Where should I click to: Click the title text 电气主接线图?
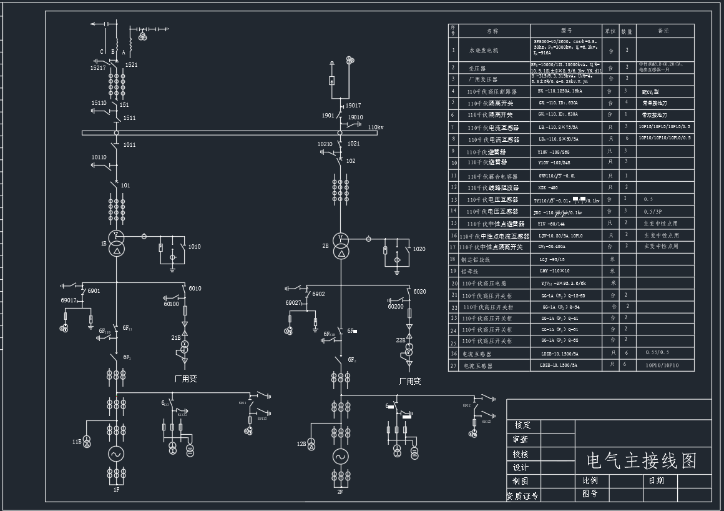[x=642, y=460]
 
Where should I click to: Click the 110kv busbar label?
[x=376, y=127]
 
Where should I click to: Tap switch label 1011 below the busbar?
[x=129, y=145]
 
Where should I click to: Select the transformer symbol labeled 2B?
[x=340, y=245]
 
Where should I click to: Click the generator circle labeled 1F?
[x=115, y=454]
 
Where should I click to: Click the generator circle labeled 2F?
[x=340, y=457]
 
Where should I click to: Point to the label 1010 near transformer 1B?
[x=194, y=247]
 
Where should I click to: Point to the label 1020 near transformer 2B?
[x=419, y=249]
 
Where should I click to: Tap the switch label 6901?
[x=94, y=291]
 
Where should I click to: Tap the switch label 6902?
[x=318, y=294]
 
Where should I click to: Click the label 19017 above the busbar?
[x=353, y=106]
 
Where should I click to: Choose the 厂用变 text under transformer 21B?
[x=185, y=379]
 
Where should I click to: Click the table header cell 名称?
[x=492, y=30]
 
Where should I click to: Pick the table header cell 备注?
[x=663, y=30]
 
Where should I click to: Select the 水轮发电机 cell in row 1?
[x=484, y=49]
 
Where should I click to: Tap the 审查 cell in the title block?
[x=521, y=440]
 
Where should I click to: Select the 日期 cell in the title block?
[x=656, y=480]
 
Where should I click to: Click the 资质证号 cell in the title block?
[x=522, y=496]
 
